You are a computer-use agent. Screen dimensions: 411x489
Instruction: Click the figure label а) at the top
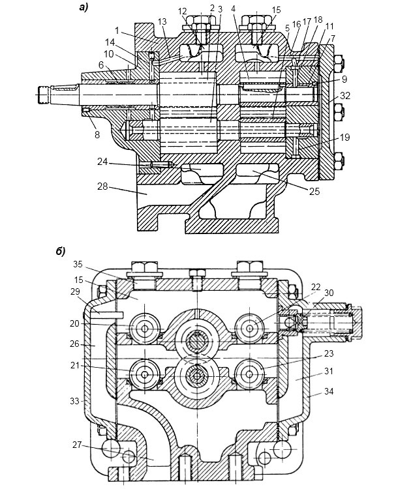tap(84, 7)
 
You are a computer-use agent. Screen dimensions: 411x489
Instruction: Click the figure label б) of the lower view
tap(61, 252)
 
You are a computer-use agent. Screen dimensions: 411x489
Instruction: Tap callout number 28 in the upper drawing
tap(102, 186)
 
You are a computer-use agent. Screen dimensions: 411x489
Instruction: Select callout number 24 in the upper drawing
tap(102, 162)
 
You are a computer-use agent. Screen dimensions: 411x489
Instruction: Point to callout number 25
tap(314, 191)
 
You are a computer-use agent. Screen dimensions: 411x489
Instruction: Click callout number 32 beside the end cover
tap(345, 96)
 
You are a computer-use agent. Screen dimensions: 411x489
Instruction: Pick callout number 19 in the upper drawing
tap(345, 137)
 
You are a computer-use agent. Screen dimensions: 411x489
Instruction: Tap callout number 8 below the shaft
tap(97, 135)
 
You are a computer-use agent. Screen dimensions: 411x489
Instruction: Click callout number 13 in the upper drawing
tap(162, 22)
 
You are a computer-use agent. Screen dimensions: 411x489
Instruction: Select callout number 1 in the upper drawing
tap(117, 30)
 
